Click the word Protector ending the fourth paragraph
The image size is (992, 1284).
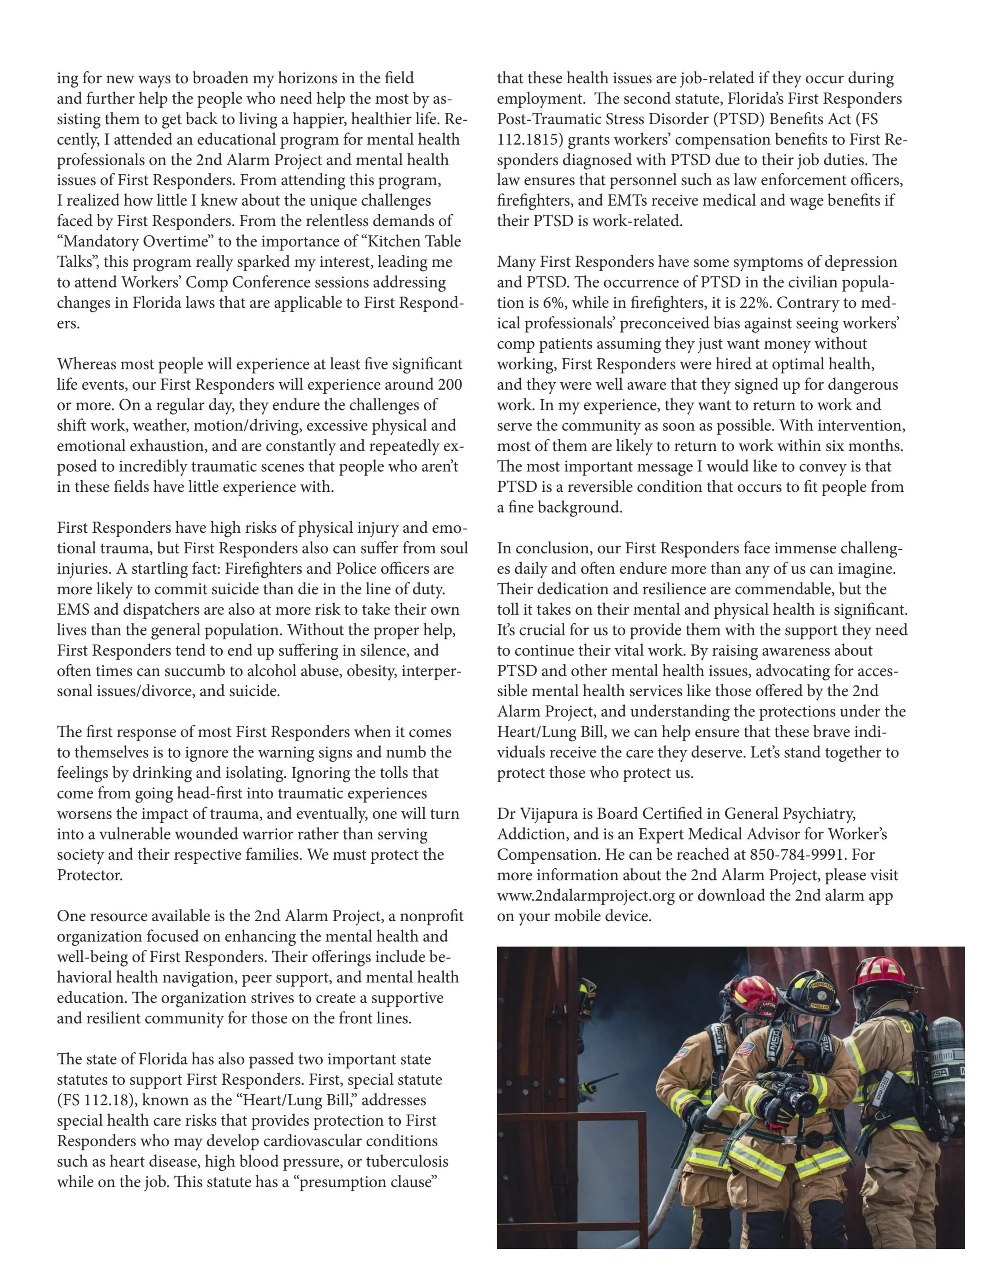click(89, 875)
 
